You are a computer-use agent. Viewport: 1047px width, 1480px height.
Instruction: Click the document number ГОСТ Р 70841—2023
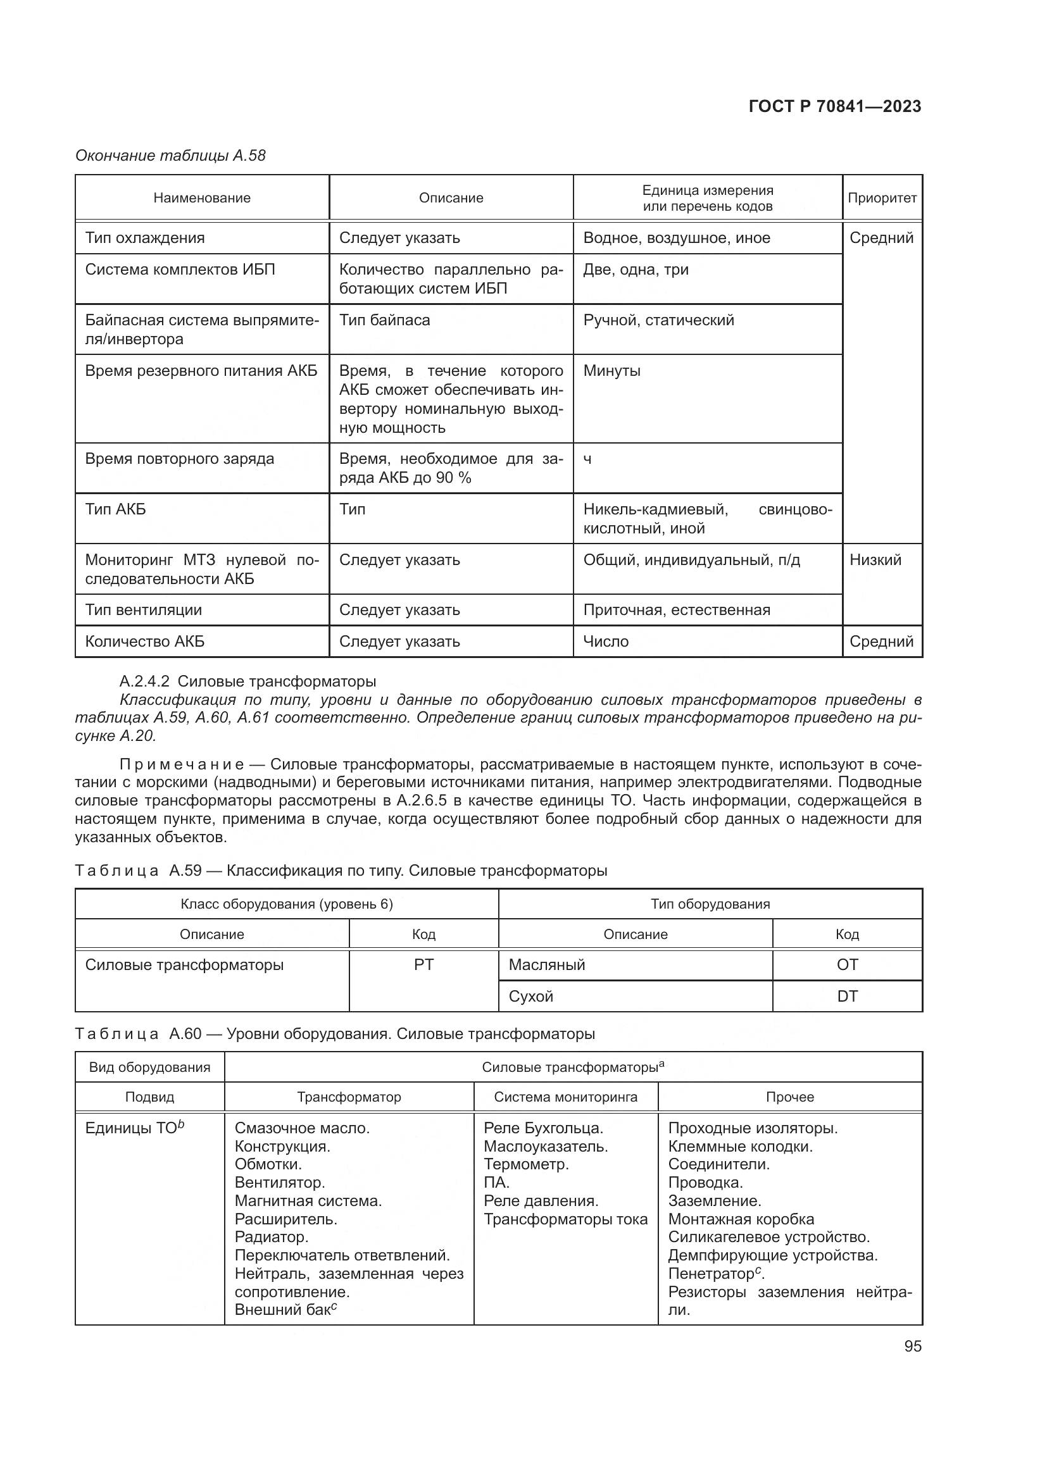coord(834,106)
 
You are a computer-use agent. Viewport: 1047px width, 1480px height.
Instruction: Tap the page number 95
coord(912,1346)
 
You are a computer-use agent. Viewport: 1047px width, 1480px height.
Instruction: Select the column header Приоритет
coord(881,198)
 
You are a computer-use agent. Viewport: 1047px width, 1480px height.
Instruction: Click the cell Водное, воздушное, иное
coord(676,238)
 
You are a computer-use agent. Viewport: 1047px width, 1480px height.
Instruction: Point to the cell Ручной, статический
coord(658,320)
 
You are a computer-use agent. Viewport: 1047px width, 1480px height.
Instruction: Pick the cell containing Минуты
coord(611,371)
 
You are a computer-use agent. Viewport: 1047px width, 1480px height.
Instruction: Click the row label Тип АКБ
coord(116,509)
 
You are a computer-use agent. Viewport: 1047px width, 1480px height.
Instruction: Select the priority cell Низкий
coord(875,559)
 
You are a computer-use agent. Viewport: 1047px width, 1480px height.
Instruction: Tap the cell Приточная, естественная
coord(676,610)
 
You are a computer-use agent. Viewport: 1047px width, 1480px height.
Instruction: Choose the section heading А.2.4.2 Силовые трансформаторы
coord(248,681)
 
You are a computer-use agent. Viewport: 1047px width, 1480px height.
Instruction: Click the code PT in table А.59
coord(423,965)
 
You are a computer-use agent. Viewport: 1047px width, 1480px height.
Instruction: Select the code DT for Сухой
coord(846,997)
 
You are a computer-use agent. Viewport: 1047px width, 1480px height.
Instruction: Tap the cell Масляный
coord(547,965)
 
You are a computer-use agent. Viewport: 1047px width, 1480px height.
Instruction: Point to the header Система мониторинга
coord(565,1097)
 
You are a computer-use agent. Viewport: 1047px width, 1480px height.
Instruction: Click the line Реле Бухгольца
coord(543,1128)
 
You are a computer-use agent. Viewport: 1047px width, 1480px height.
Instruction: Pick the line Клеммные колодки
coord(740,1147)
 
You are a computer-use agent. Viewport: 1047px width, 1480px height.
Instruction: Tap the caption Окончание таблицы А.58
coord(170,156)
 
